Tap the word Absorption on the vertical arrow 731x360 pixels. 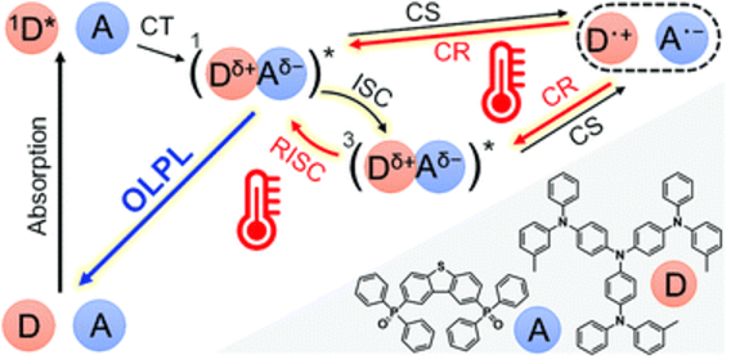click(x=38, y=176)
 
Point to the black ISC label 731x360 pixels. click(x=371, y=91)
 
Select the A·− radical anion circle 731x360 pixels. click(x=682, y=38)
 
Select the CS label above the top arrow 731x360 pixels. click(x=423, y=11)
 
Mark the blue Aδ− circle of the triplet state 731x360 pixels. click(x=440, y=167)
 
